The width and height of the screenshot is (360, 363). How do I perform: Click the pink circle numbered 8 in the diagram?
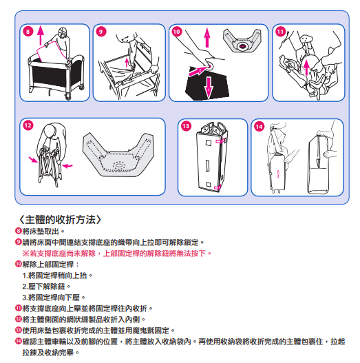coord(28,32)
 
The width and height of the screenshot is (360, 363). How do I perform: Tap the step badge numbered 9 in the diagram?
coord(101,32)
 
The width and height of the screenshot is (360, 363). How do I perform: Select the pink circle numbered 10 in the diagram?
coord(176,32)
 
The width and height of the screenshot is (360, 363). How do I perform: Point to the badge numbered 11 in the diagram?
coord(280,32)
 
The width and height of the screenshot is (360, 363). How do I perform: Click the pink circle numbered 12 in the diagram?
coord(28,125)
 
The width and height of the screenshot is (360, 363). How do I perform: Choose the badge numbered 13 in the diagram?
coord(186,126)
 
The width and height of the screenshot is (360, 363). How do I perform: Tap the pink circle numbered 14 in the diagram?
coord(259,127)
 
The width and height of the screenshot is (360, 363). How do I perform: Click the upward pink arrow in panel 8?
coord(41,35)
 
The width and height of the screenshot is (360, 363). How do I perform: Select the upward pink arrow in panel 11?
coord(306,68)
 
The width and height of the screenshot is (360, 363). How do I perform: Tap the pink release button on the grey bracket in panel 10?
coord(242,46)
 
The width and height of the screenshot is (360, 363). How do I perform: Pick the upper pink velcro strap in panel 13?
coord(220,141)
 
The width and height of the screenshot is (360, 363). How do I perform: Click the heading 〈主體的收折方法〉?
coord(60,220)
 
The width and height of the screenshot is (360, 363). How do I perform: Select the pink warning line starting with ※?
coord(116,253)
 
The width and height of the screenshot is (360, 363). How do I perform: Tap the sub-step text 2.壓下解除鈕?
coord(46,287)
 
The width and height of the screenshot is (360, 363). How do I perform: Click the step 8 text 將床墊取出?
coord(43,231)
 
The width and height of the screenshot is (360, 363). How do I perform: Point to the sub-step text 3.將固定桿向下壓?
coord(54,298)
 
